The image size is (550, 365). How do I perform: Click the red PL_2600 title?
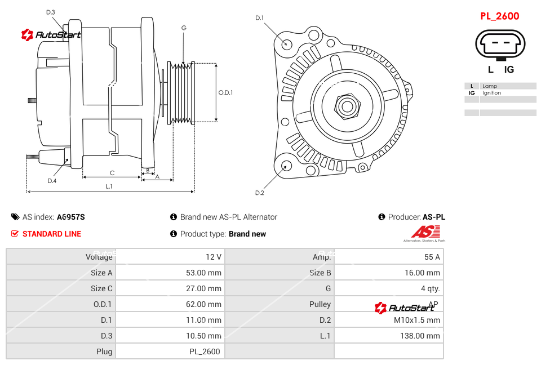click(499, 16)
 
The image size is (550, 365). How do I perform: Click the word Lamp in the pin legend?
click(489, 86)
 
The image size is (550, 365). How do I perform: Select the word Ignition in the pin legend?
click(491, 93)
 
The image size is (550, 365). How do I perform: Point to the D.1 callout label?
click(260, 18)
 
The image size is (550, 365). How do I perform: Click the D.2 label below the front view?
click(260, 193)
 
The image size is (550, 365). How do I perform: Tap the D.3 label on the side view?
click(51, 12)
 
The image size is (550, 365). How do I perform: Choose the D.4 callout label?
click(52, 181)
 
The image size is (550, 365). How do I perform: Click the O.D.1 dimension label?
click(225, 92)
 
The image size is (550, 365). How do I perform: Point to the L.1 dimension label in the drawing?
click(109, 186)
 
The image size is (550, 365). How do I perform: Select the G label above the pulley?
click(184, 28)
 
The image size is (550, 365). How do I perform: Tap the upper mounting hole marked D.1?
click(287, 43)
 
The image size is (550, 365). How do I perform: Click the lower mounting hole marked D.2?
click(286, 166)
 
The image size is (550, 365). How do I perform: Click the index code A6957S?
click(71, 217)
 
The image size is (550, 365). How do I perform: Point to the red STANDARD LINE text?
click(51, 234)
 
